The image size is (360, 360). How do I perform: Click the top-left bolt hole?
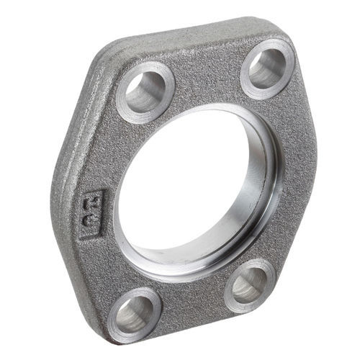tap(146, 91)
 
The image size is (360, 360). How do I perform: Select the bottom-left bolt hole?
tap(135, 315)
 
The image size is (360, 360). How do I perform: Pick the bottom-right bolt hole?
tap(250, 284)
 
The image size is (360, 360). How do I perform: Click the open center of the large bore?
tap(191, 191)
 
